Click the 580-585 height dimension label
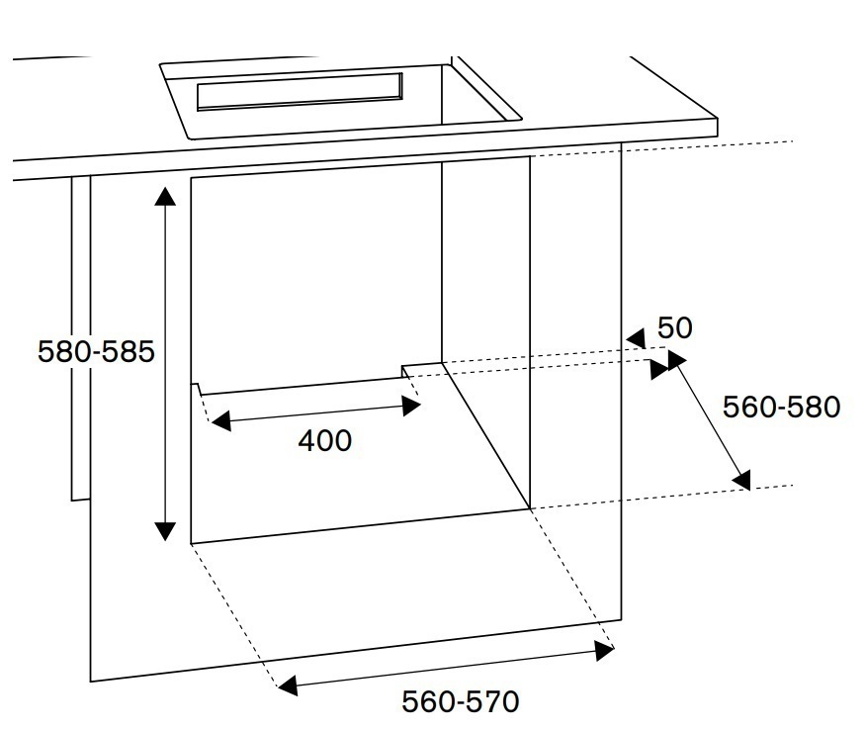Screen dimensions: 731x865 [96, 352]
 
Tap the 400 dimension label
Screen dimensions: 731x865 [324, 440]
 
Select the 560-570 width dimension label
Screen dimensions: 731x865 [460, 702]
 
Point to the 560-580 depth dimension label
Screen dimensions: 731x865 [781, 407]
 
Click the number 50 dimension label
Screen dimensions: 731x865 [674, 328]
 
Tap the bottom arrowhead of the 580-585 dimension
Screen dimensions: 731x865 [165, 531]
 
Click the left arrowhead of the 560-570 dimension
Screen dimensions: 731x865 [287, 685]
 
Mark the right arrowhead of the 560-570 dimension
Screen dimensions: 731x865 [604, 650]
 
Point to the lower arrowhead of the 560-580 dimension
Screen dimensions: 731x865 [741, 480]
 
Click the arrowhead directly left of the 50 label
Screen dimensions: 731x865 [636, 339]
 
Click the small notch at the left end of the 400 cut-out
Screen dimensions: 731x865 [197, 388]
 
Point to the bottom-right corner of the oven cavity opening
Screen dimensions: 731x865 [531, 508]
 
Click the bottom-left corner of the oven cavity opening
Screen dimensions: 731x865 [191, 543]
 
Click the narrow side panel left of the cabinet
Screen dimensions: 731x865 [81, 336]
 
